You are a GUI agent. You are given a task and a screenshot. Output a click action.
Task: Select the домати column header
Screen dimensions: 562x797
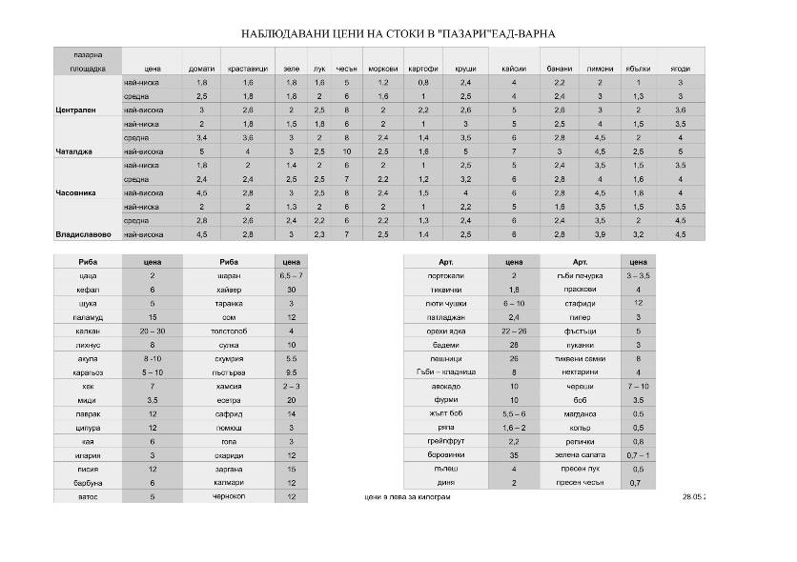[200, 70]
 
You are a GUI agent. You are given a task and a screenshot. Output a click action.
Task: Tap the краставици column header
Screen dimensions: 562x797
[248, 70]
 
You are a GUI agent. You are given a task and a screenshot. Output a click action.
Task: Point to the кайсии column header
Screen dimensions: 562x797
[514, 70]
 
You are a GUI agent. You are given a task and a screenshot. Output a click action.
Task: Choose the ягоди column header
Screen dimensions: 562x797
[680, 70]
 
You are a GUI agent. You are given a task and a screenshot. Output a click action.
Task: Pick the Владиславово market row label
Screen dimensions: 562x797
[84, 234]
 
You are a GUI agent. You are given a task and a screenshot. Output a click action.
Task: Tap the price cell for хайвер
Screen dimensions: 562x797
[292, 289]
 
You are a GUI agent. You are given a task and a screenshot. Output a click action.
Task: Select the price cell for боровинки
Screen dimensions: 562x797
[514, 455]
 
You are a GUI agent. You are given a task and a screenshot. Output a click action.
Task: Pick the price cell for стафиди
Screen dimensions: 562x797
[638, 302]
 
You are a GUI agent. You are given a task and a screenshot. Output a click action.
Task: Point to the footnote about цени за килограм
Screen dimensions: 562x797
[407, 497]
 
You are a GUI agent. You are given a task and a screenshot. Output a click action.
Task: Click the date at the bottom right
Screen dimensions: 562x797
[692, 497]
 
